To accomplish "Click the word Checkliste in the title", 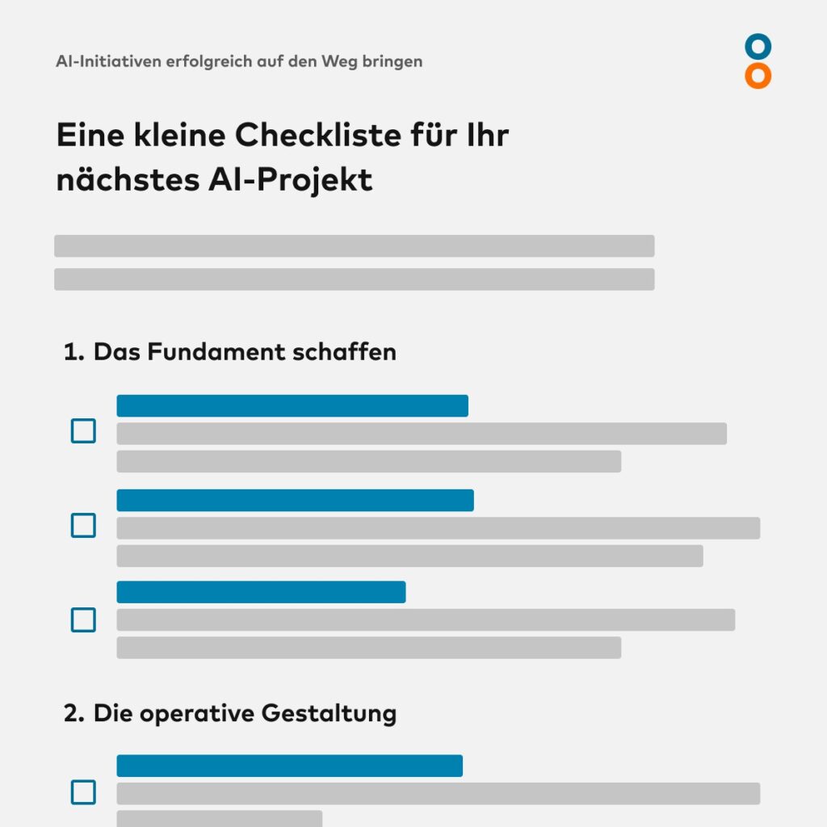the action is click(x=318, y=135).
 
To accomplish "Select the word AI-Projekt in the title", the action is click(x=291, y=180).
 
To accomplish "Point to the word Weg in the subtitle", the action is click(x=339, y=62).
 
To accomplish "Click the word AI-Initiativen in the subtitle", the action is click(x=109, y=61).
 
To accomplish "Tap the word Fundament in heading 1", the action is click(x=216, y=352).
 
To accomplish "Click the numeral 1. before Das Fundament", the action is click(x=73, y=352).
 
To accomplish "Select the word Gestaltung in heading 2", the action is click(x=329, y=714).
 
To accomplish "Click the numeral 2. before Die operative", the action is click(x=73, y=713).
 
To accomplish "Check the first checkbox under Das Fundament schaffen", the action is click(x=83, y=431).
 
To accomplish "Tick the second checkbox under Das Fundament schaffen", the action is click(x=83, y=525).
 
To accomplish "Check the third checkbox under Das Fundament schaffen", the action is click(x=83, y=619).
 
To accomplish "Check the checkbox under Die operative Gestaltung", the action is click(x=83, y=792).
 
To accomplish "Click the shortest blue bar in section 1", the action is click(x=261, y=592).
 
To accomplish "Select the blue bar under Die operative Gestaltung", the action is click(x=290, y=766).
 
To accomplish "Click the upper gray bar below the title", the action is click(x=355, y=246).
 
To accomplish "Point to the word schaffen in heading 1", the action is click(x=344, y=352).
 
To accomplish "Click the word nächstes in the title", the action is click(x=128, y=180).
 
